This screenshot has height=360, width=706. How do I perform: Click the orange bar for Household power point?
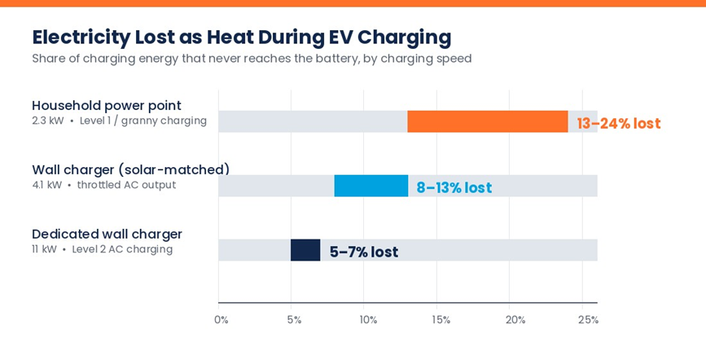[488, 121]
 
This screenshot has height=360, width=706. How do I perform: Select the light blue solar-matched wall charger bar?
[371, 186]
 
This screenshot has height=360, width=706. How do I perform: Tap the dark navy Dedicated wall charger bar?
[305, 250]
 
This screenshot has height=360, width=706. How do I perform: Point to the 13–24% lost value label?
[619, 123]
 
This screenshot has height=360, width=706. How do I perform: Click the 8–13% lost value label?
[454, 187]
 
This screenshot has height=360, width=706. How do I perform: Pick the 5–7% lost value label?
[364, 252]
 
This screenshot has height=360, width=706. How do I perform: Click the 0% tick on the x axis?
[221, 320]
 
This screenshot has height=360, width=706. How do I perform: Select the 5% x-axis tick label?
[294, 320]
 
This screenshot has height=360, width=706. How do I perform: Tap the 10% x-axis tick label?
[368, 320]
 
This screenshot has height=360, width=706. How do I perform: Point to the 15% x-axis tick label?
[441, 320]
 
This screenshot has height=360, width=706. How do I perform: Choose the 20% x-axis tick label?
[515, 320]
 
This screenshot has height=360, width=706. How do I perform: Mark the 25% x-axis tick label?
[588, 320]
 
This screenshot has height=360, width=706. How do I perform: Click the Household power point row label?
[107, 106]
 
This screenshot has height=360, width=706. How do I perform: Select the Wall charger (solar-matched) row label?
[131, 170]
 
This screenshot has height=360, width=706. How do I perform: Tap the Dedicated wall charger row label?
[107, 235]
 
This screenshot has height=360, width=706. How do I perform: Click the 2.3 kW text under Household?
[48, 121]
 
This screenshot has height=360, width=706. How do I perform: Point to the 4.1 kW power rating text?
[47, 185]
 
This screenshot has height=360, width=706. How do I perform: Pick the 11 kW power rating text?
[44, 249]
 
